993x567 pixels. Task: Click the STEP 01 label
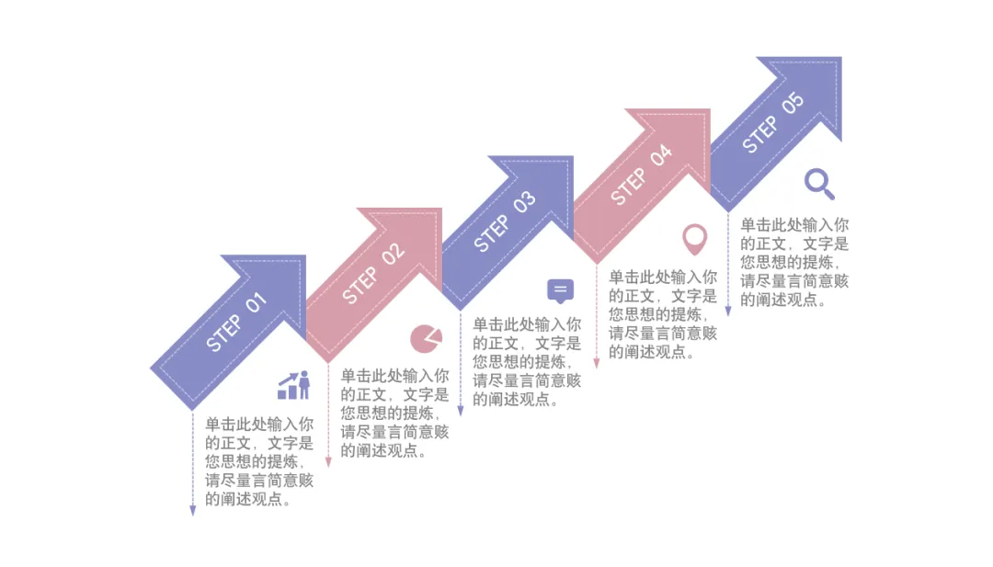[x=237, y=322]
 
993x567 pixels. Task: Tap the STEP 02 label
[x=373, y=273]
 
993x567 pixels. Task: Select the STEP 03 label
[x=505, y=222]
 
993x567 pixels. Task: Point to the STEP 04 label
[x=642, y=175]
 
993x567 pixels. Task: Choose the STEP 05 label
[x=773, y=123]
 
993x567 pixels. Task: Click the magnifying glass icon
[x=819, y=183]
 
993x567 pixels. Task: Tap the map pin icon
[x=694, y=239]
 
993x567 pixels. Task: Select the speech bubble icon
[x=560, y=291]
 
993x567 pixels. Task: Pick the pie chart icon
[x=426, y=338]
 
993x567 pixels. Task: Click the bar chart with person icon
[x=294, y=385]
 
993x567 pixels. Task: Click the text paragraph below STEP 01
[x=259, y=462]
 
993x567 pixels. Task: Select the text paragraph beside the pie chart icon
[x=395, y=413]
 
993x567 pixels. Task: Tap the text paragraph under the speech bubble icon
[x=527, y=362]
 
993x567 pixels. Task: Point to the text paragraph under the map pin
[x=663, y=314]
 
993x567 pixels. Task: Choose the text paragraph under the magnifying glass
[x=794, y=263]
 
